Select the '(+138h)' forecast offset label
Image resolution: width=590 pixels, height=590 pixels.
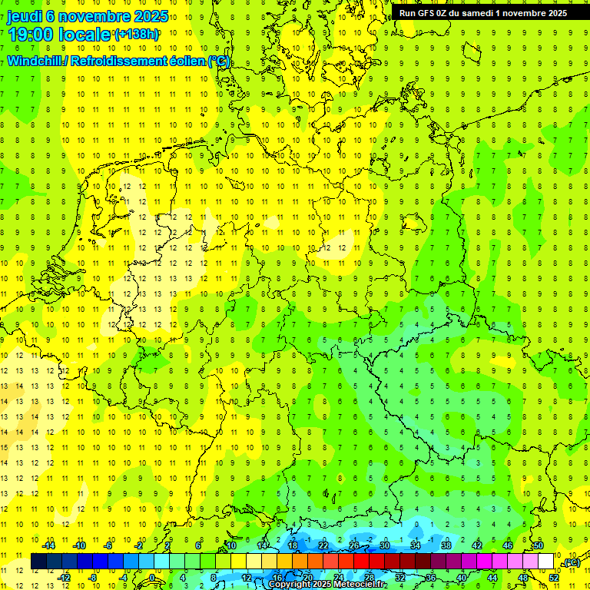[x=137, y=34]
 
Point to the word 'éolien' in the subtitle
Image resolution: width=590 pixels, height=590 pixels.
[x=182, y=61]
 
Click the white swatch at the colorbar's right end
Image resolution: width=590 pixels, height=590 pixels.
[x=545, y=562]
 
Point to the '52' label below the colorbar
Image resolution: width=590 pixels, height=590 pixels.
[x=553, y=578]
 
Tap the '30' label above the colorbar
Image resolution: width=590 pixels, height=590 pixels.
[x=384, y=545]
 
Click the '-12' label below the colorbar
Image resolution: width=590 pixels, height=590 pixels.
[x=64, y=578]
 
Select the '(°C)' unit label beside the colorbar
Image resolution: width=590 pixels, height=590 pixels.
[x=571, y=563]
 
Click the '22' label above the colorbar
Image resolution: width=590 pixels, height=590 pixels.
[x=323, y=545]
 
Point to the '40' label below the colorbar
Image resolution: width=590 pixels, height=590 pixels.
[x=461, y=578]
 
